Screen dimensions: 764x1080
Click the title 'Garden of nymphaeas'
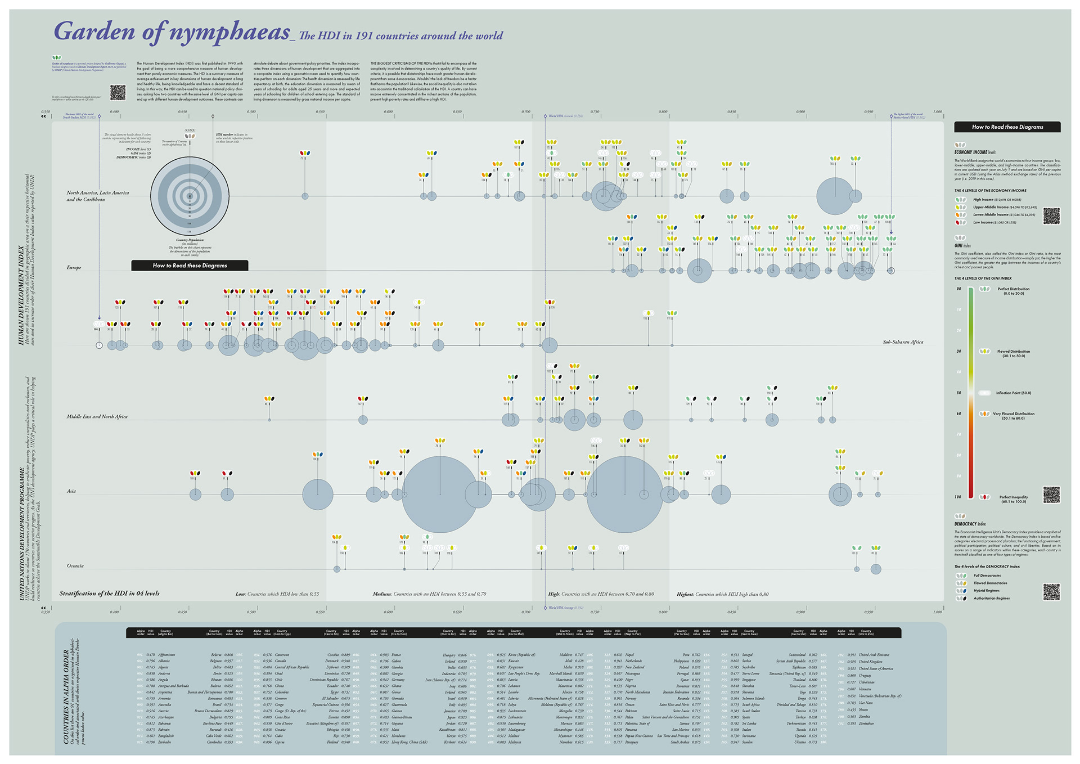pos(172,32)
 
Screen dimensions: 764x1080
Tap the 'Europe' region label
pos(74,268)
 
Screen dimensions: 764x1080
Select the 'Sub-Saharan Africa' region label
pos(902,342)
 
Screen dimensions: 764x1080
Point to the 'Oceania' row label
pos(75,566)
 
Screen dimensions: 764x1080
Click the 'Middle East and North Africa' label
pos(97,417)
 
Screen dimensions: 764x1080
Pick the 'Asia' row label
pos(71,491)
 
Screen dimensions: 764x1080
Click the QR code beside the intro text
pos(118,92)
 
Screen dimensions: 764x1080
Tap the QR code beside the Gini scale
pos(1051,495)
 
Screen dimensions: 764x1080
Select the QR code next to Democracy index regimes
pos(1051,591)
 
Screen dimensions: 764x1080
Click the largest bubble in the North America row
pos(835,196)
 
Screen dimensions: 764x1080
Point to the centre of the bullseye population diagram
pos(190,196)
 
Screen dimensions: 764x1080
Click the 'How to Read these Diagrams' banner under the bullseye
pos(190,266)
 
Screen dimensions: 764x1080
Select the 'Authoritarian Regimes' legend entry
pos(991,599)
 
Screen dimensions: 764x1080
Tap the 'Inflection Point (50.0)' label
pos(1013,393)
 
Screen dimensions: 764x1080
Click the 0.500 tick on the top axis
pos(251,112)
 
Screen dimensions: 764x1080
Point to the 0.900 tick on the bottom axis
pos(800,612)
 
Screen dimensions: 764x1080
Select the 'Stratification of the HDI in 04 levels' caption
pos(110,594)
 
